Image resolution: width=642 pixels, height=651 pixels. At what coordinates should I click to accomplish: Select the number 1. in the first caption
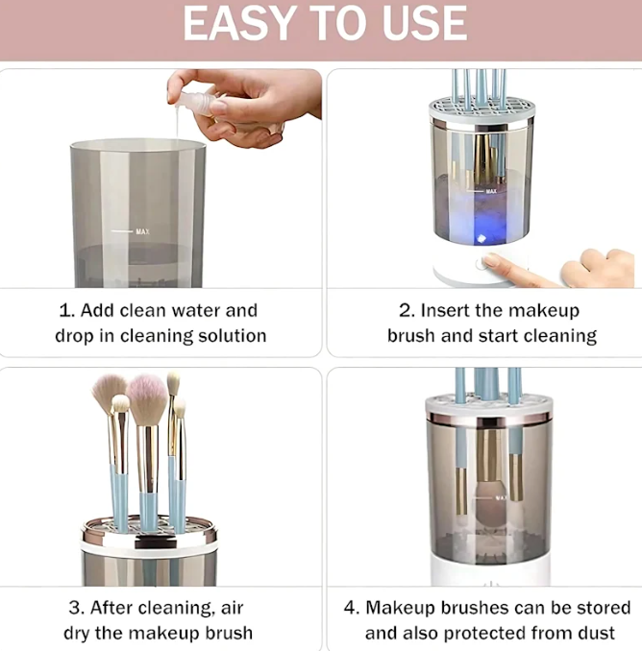(x=67, y=310)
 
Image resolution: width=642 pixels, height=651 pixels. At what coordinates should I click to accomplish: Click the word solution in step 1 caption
(x=231, y=336)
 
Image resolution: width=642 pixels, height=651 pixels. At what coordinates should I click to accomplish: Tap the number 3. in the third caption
(x=76, y=608)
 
